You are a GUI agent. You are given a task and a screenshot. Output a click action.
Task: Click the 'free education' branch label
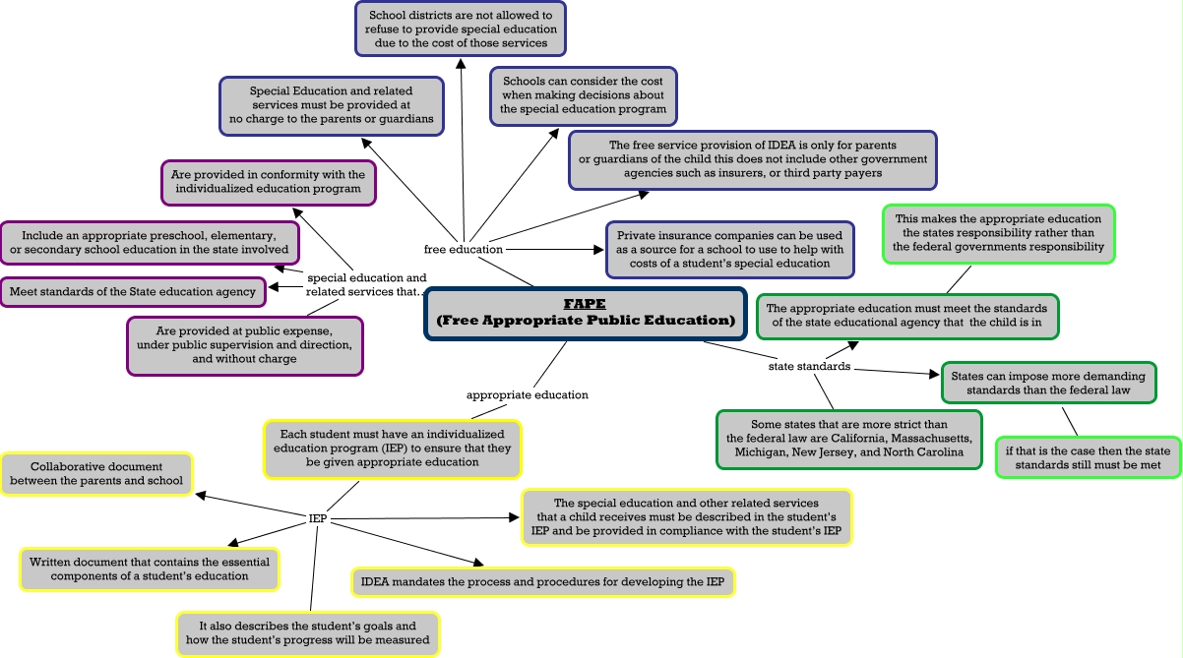coord(464,249)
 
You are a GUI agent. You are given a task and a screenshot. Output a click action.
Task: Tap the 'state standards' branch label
coord(809,367)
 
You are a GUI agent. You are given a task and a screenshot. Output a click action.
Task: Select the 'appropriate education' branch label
coord(527,394)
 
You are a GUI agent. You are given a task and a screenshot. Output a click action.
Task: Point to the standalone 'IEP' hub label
coord(317,517)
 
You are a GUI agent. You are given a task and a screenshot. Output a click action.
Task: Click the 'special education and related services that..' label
coord(366,284)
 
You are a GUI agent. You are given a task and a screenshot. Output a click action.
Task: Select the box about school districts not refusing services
coord(461,29)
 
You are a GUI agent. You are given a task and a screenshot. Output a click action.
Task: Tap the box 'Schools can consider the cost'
coord(584,95)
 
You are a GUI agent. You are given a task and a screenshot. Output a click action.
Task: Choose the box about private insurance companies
coord(729,250)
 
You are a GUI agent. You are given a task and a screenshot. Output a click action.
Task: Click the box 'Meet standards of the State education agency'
coord(133,291)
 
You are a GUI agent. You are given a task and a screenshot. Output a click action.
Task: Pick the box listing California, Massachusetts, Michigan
coord(848,439)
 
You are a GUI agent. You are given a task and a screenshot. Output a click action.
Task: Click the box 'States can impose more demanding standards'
coord(1048,383)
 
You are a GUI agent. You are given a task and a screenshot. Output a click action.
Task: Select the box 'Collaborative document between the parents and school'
coord(96,473)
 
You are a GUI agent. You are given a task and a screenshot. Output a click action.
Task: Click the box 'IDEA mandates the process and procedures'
coord(542,581)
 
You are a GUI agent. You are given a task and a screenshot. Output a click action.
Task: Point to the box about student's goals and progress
coord(307,632)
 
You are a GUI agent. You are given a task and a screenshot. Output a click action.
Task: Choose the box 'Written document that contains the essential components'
coord(149,568)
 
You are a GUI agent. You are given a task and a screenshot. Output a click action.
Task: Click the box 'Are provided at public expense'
coord(245,345)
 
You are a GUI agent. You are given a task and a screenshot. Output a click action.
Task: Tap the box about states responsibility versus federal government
coord(999,232)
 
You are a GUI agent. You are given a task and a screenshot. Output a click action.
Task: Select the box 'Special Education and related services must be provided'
coord(331,105)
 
